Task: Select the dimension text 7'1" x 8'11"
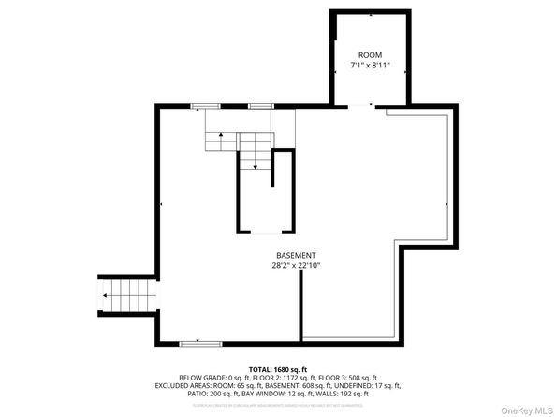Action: pyautogui.click(x=370, y=66)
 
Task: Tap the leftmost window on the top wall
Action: pyautogui.click(x=205, y=107)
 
